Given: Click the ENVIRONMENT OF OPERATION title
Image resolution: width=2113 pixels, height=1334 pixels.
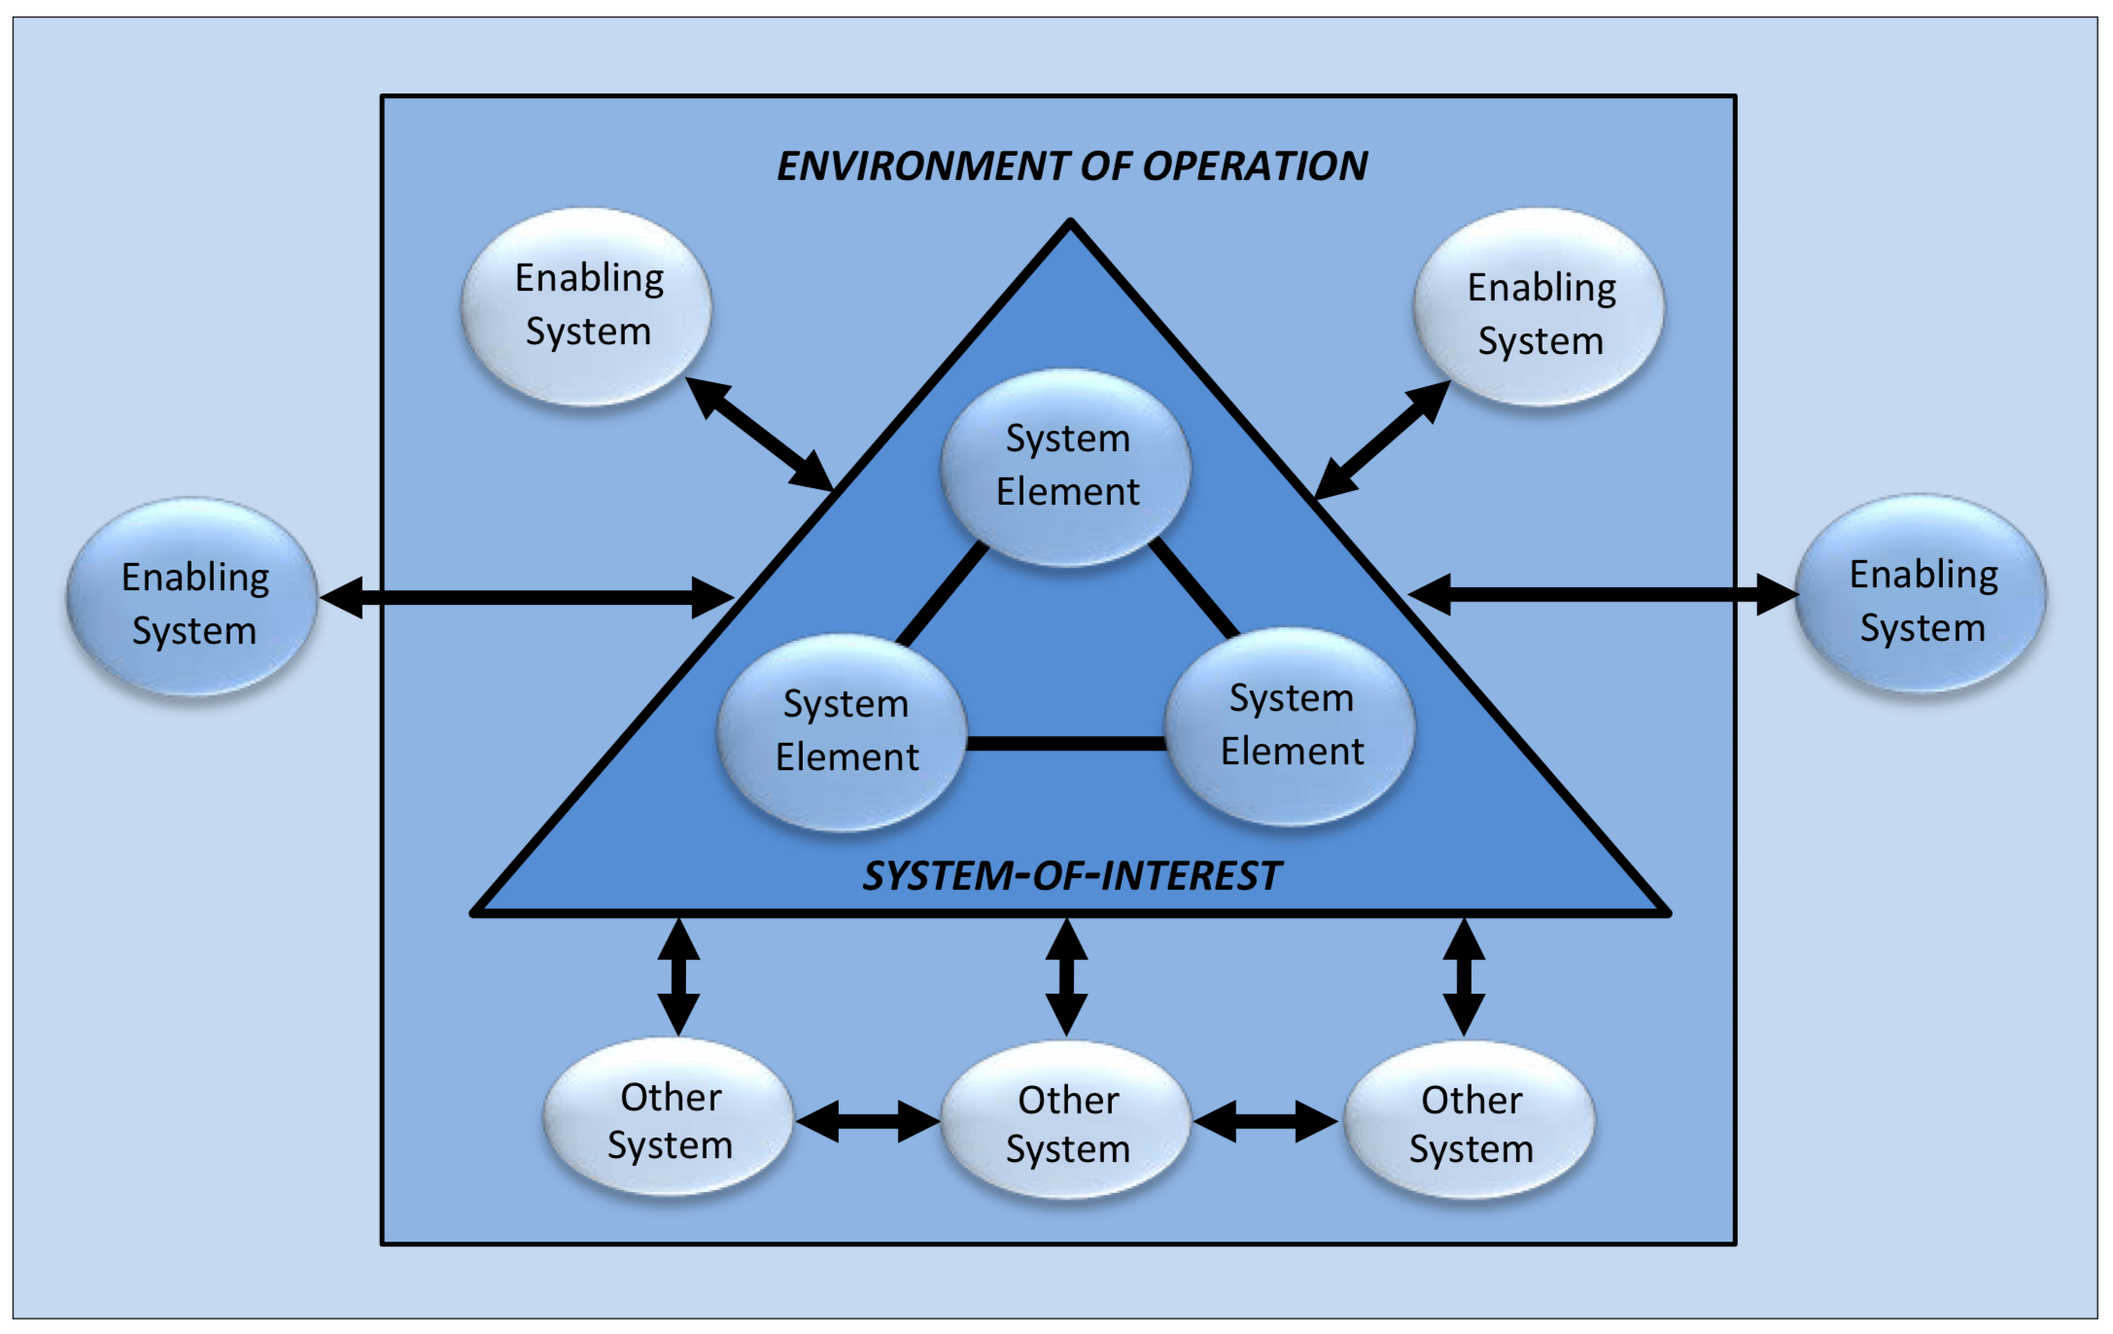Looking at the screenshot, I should (1071, 166).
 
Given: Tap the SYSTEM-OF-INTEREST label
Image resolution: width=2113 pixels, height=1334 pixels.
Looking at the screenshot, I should (1071, 876).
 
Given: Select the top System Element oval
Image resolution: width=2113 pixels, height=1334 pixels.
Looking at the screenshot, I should (1066, 466).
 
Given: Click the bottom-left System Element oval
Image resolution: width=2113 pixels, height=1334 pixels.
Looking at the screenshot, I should (844, 731).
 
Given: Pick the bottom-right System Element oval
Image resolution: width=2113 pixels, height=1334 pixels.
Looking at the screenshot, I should (1290, 725).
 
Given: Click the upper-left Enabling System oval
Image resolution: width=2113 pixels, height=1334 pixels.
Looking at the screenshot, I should (587, 305).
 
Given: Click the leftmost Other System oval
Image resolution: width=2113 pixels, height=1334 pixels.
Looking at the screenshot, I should (669, 1119).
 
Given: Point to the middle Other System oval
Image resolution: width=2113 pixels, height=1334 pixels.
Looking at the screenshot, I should (1066, 1122).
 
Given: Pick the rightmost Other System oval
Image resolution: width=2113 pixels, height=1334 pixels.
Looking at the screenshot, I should (1470, 1122).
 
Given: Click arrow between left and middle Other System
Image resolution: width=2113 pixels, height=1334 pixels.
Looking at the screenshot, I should (867, 1122).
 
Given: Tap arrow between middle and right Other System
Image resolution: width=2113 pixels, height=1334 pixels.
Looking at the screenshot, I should (1265, 1122).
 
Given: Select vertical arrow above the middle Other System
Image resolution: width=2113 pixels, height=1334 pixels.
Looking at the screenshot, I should (1066, 976).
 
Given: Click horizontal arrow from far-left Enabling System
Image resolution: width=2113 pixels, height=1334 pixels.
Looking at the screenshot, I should (525, 597).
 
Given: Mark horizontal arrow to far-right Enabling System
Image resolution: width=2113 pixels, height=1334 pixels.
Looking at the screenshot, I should (1602, 594).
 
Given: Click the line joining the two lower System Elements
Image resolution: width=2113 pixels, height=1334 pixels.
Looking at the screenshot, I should (1066, 744).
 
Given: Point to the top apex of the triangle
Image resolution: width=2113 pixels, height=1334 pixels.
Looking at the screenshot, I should (1070, 226).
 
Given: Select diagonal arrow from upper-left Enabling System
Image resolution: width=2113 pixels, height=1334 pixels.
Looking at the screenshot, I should (760, 434).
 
